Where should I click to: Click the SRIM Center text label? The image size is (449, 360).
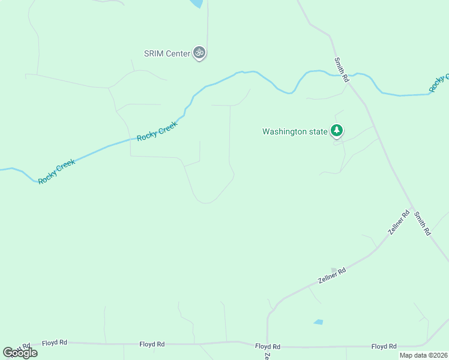[166, 53]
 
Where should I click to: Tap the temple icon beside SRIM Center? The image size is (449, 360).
[200, 53]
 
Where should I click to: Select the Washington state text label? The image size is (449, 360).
[295, 131]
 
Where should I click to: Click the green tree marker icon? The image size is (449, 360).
[337, 130]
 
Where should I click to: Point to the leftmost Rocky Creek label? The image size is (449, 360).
[57, 172]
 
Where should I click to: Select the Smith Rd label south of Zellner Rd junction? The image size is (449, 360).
[423, 222]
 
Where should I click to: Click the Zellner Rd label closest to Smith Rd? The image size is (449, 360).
[399, 223]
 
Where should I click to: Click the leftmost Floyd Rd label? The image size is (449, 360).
[55, 343]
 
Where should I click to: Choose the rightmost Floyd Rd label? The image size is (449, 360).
[384, 346]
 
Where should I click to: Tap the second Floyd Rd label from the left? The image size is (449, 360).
[152, 344]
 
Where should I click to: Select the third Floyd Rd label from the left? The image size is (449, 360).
[268, 347]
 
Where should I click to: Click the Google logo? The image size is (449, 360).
[20, 352]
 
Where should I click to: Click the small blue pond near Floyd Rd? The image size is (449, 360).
[318, 322]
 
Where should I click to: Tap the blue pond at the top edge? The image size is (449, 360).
[196, 3]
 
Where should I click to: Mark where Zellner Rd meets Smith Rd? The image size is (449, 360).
[412, 209]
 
